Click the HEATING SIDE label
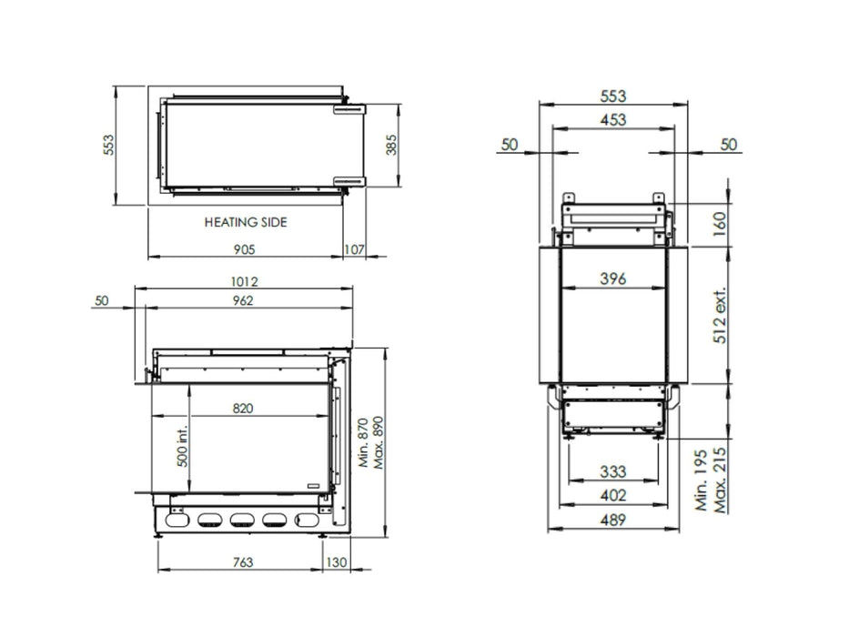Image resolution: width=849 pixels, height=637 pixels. (246, 222)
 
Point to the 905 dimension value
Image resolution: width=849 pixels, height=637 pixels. (244, 249)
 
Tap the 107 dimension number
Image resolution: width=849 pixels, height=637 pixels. (354, 249)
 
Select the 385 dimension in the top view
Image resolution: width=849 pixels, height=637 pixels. (391, 145)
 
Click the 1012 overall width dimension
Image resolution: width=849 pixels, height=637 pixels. (244, 282)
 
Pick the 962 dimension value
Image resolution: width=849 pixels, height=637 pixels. (243, 300)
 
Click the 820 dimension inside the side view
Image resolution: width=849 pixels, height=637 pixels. (243, 409)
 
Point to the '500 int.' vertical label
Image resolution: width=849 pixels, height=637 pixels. (183, 446)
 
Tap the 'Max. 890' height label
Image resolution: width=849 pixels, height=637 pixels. (378, 442)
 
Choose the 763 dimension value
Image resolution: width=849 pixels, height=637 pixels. (243, 562)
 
